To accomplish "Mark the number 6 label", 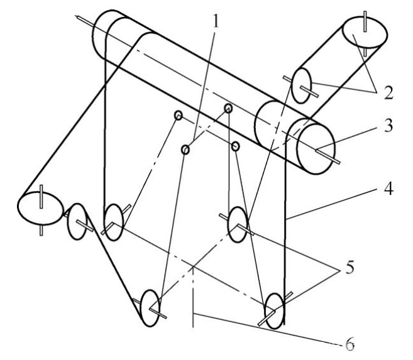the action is click(350, 344).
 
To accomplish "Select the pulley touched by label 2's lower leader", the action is click(302, 87).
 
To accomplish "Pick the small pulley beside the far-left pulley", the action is click(77, 221).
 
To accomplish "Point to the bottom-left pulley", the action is click(150, 308).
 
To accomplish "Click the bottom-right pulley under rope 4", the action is click(274, 309).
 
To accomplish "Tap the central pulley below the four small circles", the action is click(238, 224).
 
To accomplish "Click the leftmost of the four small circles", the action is click(178, 116).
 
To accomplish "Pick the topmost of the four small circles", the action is click(228, 108).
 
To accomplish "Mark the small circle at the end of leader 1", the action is click(185, 150).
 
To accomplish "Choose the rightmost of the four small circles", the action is click(235, 146).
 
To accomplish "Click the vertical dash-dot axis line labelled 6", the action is click(193, 302).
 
